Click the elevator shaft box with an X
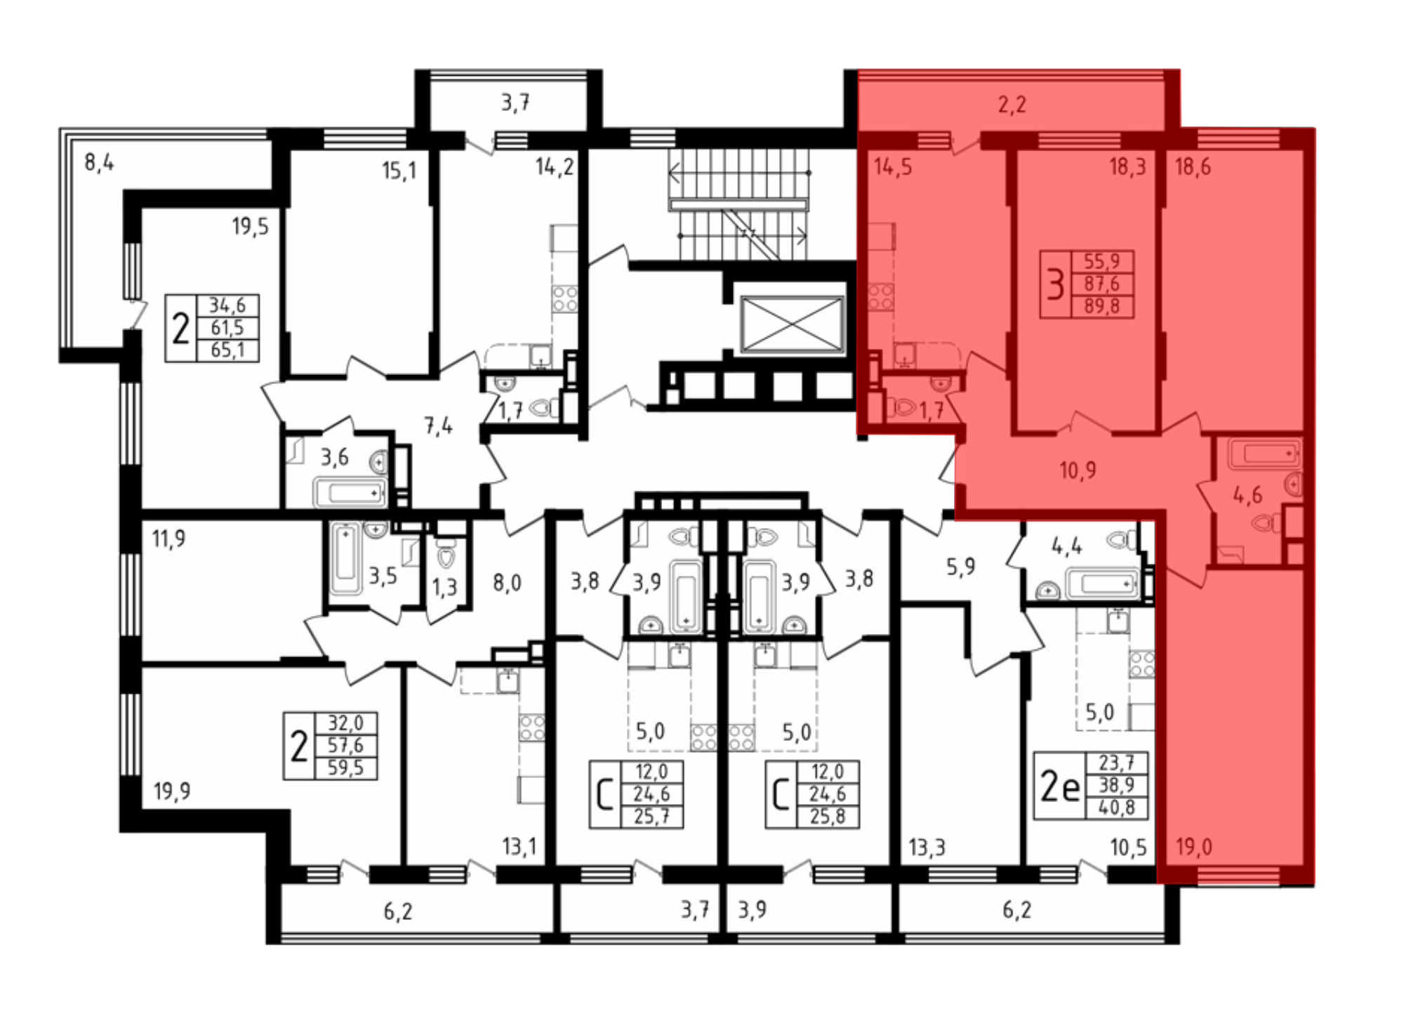click(x=792, y=324)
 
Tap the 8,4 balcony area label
click(x=99, y=163)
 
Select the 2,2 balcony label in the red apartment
click(x=1012, y=105)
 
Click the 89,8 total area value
click(x=1101, y=306)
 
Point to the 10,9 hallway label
click(x=1078, y=470)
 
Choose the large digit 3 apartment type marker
click(x=1055, y=285)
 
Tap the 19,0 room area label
click(x=1193, y=848)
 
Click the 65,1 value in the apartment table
click(x=227, y=350)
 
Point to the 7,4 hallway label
click(x=438, y=426)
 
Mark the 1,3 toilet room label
click(x=444, y=586)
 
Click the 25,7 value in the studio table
click(x=651, y=816)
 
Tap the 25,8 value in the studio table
click(x=827, y=816)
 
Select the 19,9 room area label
click(x=172, y=791)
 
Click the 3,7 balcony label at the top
click(x=515, y=103)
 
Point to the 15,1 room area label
click(x=399, y=171)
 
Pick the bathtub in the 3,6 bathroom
click(x=350, y=493)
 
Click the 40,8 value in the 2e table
click(x=1117, y=808)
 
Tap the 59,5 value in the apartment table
click(x=345, y=768)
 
